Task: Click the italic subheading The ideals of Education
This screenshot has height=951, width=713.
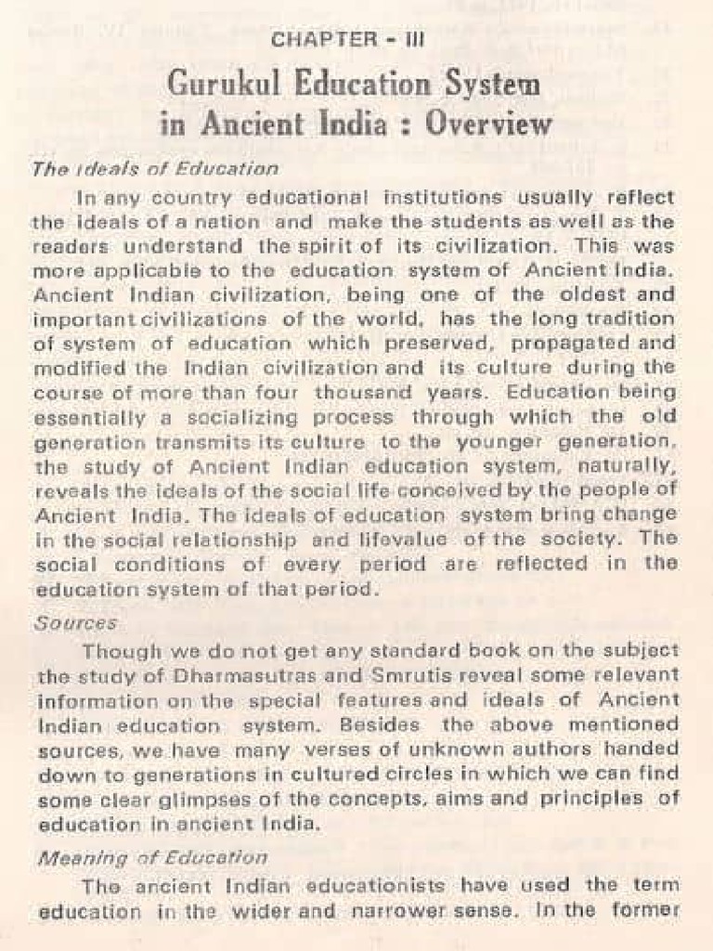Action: (x=155, y=169)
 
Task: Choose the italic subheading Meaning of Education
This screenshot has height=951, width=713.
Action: (x=150, y=858)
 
